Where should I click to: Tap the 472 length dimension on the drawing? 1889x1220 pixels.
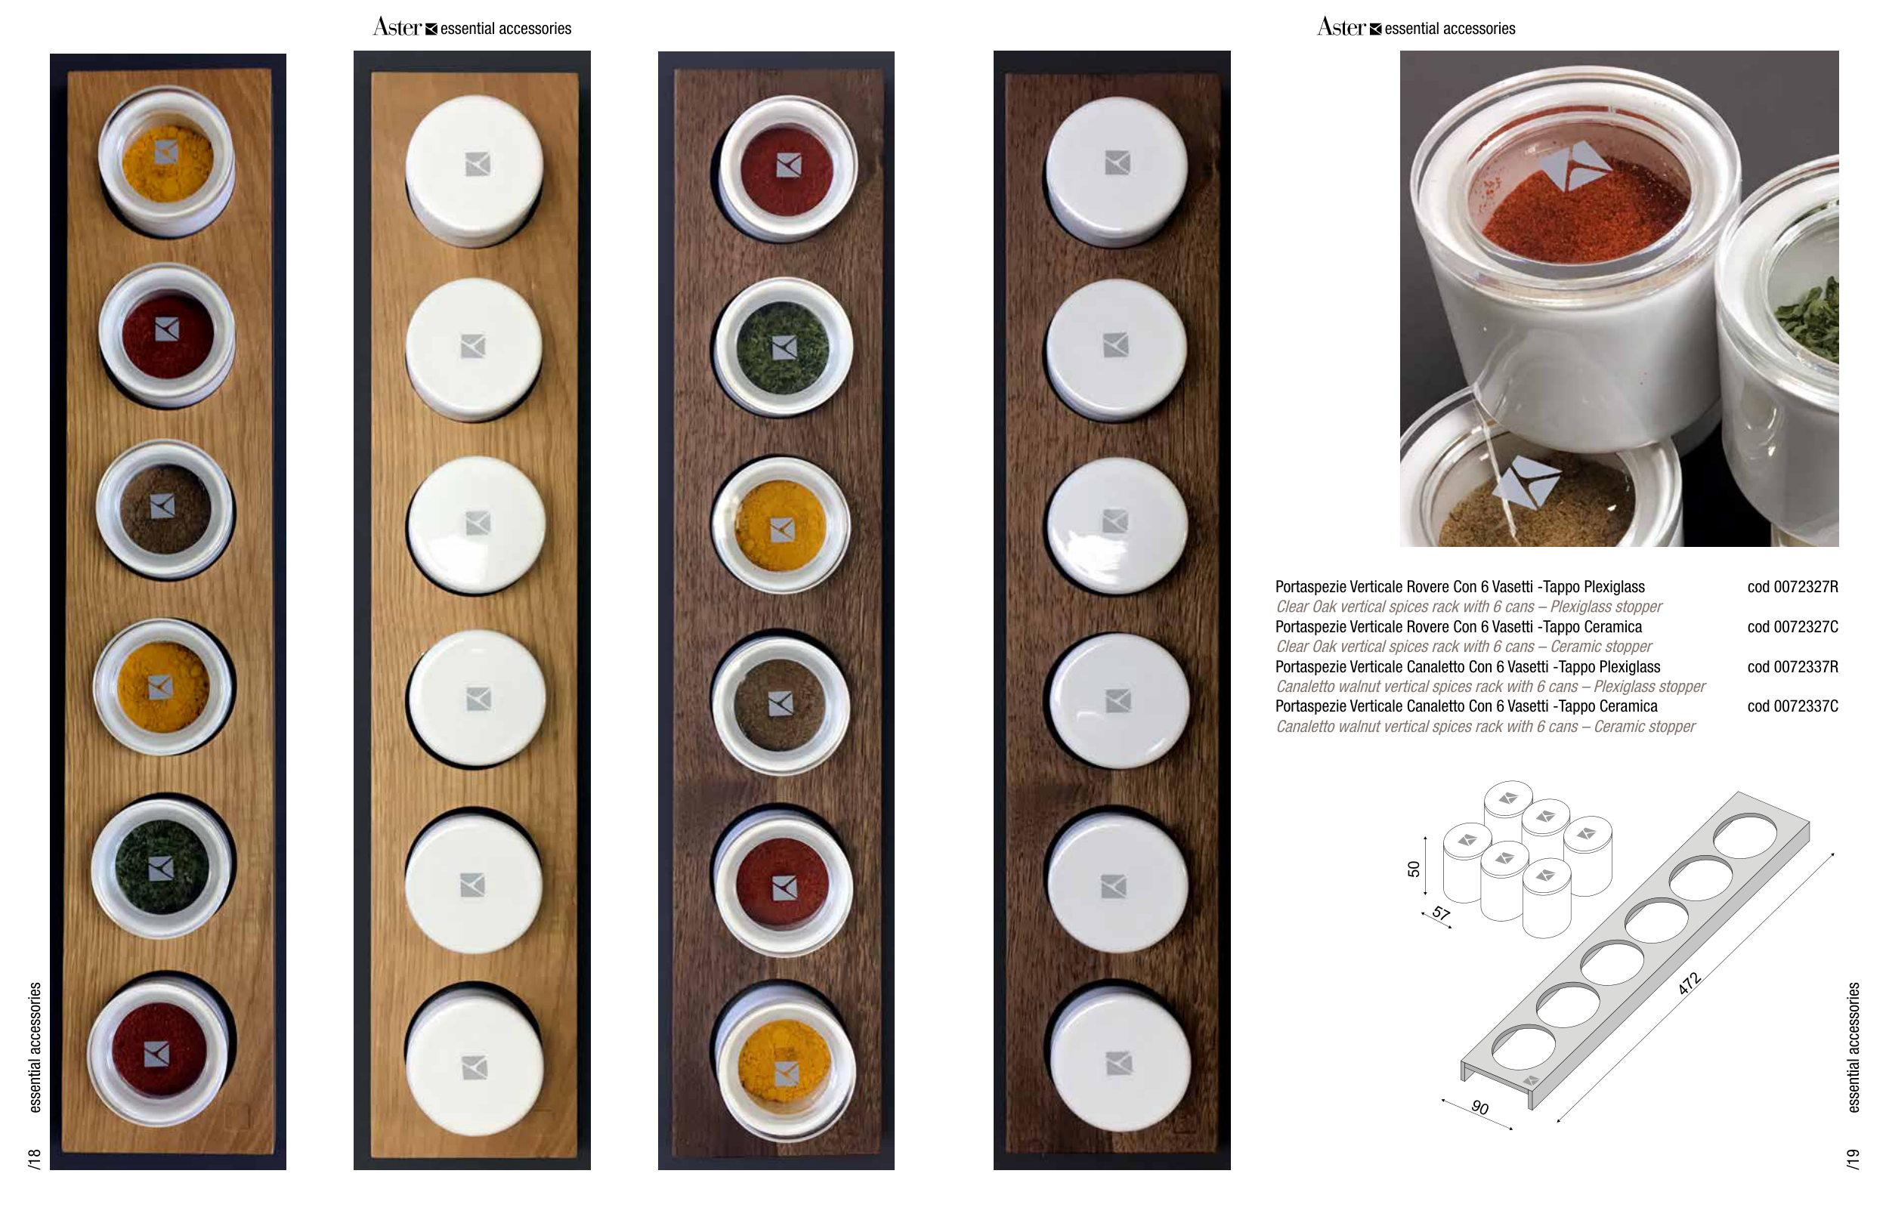tap(1689, 983)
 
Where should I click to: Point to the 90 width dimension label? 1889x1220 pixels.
tap(1479, 1107)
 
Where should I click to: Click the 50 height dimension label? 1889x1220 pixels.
tap(1414, 869)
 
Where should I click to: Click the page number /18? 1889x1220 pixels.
tap(34, 1158)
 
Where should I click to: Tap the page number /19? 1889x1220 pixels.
tap(1853, 1158)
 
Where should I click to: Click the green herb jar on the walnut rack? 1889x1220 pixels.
tap(783, 347)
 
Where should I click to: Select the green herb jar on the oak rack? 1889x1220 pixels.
tap(162, 867)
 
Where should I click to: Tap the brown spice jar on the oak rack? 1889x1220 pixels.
tap(165, 508)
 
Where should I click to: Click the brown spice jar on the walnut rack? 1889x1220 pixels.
tap(781, 704)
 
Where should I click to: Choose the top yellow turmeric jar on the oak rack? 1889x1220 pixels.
tap(166, 161)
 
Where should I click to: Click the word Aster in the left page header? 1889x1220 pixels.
tap(397, 28)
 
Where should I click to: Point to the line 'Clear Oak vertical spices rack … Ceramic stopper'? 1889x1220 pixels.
tap(1464, 647)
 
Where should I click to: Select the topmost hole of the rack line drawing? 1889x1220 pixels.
tap(1745, 835)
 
